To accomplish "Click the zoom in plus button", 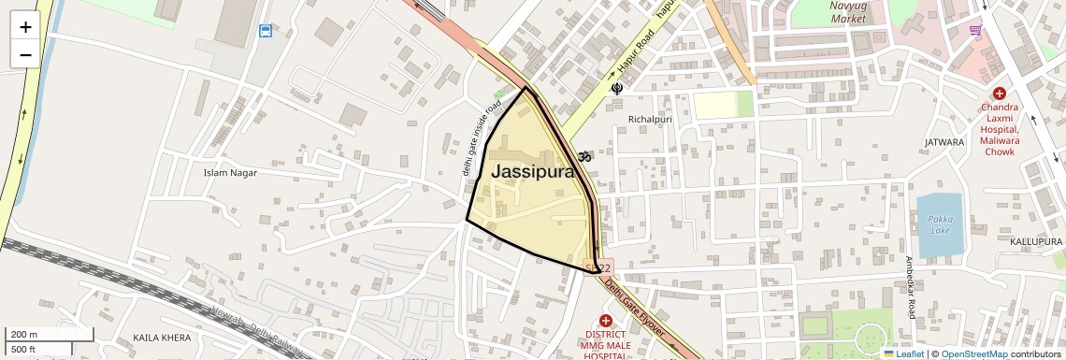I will (x=25, y=27).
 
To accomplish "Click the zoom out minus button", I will (x=25, y=54).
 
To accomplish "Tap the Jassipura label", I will (x=532, y=172).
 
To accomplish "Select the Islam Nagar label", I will (x=230, y=172).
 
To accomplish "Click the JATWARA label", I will (x=944, y=142).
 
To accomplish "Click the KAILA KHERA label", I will (x=163, y=337).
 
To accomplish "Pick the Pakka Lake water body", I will (x=939, y=224).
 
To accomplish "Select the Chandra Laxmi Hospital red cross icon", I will (x=1000, y=94).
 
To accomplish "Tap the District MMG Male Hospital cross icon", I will (x=605, y=321).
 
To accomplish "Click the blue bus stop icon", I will (x=266, y=32).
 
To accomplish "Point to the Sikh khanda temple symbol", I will (x=616, y=89).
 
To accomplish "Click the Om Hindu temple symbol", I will (x=586, y=156).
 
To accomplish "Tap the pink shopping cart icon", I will (x=976, y=31).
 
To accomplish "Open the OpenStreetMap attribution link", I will (x=973, y=353).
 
